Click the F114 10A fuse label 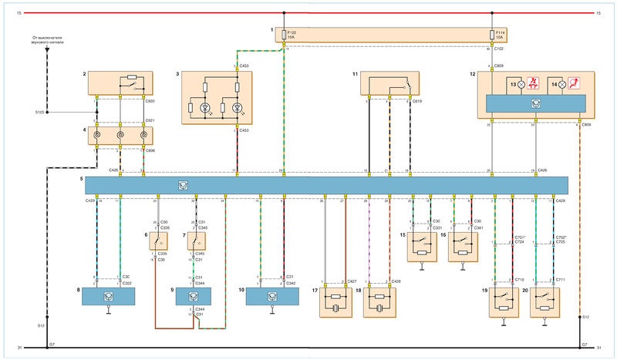click(499, 35)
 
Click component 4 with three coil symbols click(120, 137)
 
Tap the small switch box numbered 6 click(158, 241)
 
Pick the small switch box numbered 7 click(197, 241)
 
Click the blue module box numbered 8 click(108, 296)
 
